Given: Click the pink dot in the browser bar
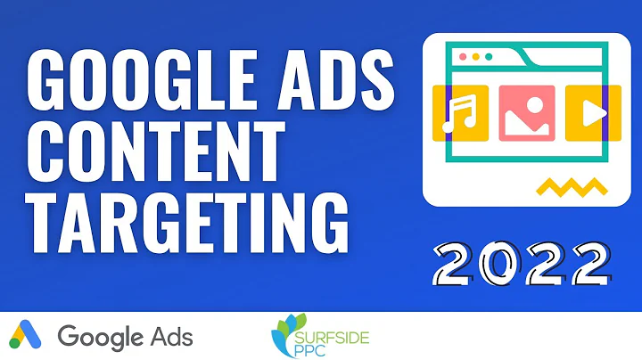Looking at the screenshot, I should coord(463,55).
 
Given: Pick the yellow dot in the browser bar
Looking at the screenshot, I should coord(475,55).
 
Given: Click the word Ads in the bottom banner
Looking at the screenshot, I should coord(170,337).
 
